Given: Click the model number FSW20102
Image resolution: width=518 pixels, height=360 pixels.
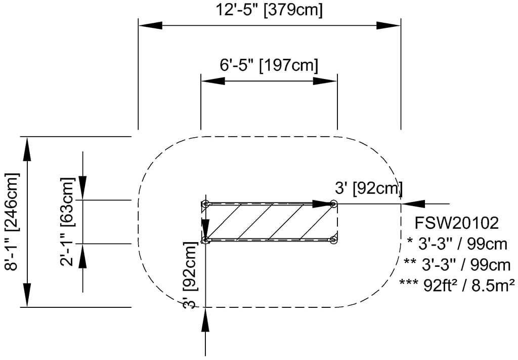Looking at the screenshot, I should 457,223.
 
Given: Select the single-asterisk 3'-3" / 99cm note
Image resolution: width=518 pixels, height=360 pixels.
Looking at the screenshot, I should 457,244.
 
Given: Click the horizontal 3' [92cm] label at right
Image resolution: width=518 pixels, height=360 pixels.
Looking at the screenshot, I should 369,189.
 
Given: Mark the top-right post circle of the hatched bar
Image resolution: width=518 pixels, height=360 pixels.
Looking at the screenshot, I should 333,204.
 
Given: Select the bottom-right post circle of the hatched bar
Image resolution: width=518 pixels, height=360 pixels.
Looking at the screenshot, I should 333,240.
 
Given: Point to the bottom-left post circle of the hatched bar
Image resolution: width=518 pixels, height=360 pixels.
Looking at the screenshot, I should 205,240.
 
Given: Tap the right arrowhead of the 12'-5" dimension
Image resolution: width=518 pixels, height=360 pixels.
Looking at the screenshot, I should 388,25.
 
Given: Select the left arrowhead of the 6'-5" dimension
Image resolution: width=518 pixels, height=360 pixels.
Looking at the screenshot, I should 213,81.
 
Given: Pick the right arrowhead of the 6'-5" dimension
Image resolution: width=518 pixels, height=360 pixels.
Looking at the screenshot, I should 325,81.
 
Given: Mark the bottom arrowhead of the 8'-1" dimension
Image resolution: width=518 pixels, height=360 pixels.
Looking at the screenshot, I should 27,295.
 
